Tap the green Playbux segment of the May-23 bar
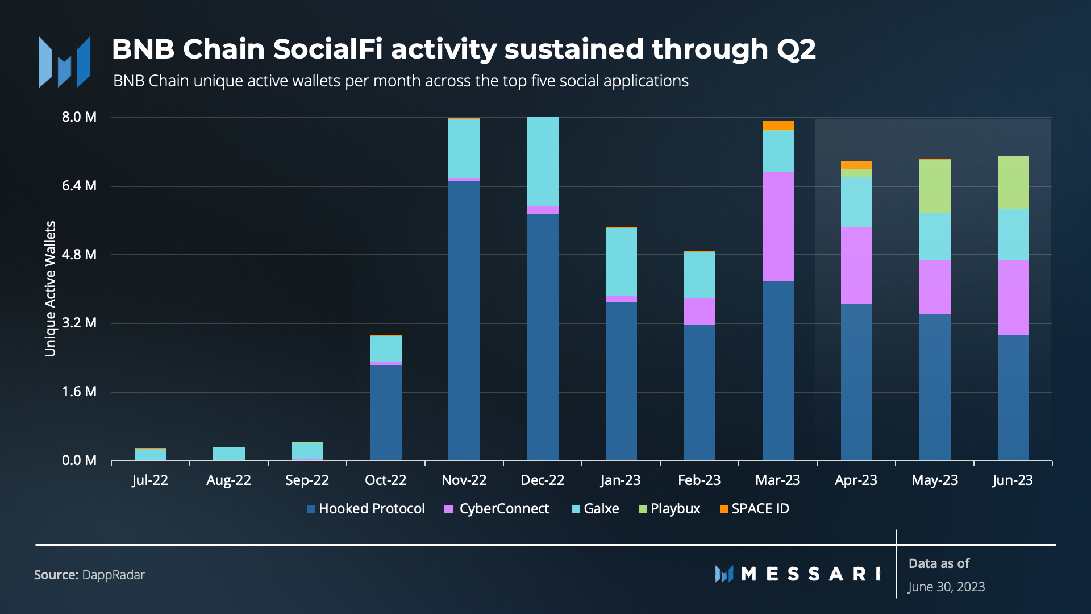(x=934, y=186)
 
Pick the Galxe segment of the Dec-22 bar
(x=543, y=161)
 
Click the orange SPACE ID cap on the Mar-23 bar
(x=777, y=126)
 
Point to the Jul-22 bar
(x=150, y=454)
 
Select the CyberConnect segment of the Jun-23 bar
(x=1013, y=297)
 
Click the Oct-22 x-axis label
(x=385, y=480)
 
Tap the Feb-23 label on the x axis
(x=699, y=480)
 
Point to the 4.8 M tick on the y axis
(x=79, y=255)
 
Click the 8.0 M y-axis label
(x=79, y=117)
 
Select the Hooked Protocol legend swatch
(x=311, y=509)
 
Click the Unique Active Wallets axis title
(x=50, y=289)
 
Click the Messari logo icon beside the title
(x=64, y=63)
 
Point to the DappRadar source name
(x=113, y=575)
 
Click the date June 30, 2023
(x=946, y=587)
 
